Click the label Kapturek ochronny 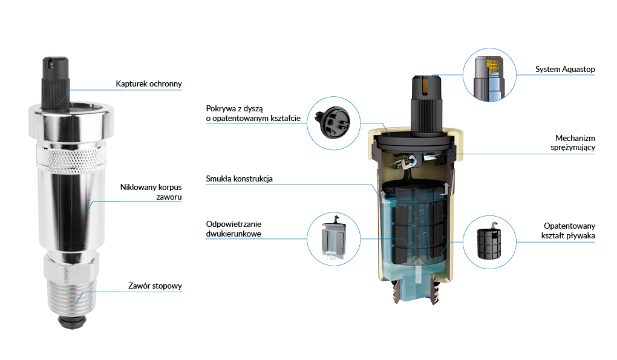click(x=149, y=83)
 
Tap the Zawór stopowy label click(x=155, y=286)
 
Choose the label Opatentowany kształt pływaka click(x=569, y=231)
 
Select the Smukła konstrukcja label click(x=240, y=178)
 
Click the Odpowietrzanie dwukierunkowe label click(x=233, y=229)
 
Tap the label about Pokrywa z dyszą click(x=253, y=113)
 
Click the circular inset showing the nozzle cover click(x=334, y=123)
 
